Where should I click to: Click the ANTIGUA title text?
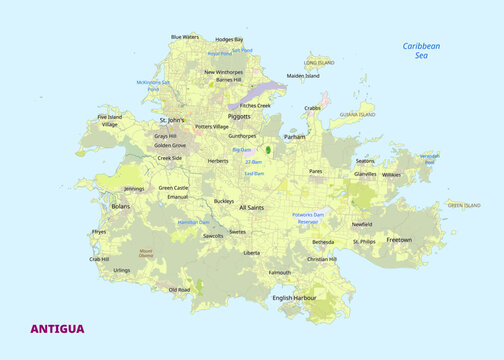coord(57,328)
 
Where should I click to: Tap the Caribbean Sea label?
coord(421,50)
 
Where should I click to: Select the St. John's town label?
coord(172,120)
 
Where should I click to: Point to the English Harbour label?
coord(294,297)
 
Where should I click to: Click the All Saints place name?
coord(251,207)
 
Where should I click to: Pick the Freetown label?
coord(399,240)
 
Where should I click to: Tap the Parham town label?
coord(295,136)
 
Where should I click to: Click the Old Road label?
coord(179,290)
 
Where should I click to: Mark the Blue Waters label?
coord(185,37)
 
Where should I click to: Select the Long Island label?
coord(319,62)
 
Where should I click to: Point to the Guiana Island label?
coord(357,115)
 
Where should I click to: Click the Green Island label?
coord(463,205)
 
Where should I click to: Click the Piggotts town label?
coord(239,116)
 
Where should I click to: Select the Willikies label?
coord(391,174)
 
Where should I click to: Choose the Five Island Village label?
coord(109,121)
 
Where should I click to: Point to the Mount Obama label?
coord(146,253)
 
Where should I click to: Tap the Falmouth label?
coord(280,272)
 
